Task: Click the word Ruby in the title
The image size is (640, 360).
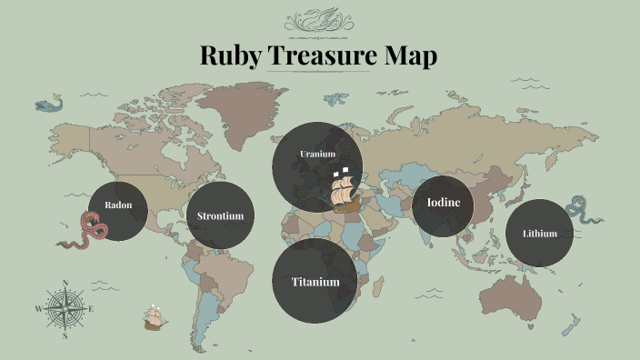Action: click(x=231, y=56)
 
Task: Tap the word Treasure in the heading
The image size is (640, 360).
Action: click(x=328, y=56)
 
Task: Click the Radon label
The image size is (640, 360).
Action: click(x=118, y=205)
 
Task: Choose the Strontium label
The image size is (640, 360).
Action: click(x=220, y=216)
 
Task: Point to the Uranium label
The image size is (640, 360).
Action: click(x=317, y=155)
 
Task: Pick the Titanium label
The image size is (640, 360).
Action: click(x=315, y=282)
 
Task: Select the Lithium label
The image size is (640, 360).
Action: click(x=540, y=234)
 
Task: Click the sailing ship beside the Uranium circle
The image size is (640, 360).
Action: click(x=346, y=191)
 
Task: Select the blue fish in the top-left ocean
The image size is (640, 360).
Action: click(x=49, y=104)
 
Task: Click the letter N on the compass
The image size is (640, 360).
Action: click(x=65, y=283)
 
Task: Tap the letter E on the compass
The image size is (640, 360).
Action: click(x=92, y=309)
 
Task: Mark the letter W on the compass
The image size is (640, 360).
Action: click(x=38, y=309)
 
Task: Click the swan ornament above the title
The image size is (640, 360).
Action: click(x=318, y=20)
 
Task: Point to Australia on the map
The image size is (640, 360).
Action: click(x=515, y=291)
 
